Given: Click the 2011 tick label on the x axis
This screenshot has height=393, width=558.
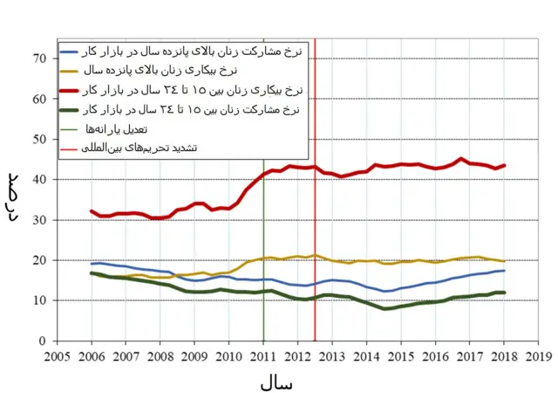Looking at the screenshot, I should click(x=263, y=356).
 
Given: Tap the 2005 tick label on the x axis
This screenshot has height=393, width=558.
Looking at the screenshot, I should click(x=57, y=356).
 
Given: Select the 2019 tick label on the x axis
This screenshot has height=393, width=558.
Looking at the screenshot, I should click(x=539, y=356).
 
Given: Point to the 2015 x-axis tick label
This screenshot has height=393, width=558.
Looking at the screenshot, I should click(x=401, y=356).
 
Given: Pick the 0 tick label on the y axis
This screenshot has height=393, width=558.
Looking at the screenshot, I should click(x=42, y=341).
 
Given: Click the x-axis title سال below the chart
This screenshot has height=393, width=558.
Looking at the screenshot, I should click(x=276, y=383).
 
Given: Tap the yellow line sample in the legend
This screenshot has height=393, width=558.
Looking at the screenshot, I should click(x=71, y=69).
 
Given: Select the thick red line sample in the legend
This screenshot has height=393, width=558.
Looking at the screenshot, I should click(x=71, y=90).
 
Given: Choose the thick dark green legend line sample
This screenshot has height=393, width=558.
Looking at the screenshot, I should click(x=71, y=109).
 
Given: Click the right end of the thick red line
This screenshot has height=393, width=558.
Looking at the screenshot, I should click(x=505, y=165).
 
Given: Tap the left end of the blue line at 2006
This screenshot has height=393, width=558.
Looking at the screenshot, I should click(x=92, y=264).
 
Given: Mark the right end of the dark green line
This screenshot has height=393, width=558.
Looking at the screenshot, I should click(x=505, y=293).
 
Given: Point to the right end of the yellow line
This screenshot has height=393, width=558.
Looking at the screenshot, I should click(x=505, y=261).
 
